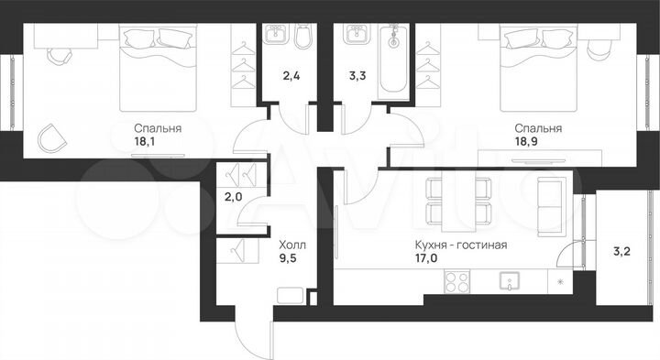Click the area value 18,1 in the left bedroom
tap(148, 142)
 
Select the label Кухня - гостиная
tap(462, 245)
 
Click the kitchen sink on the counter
tap(507, 281)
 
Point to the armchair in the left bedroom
tap(53, 139)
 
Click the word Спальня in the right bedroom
tap(538, 128)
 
